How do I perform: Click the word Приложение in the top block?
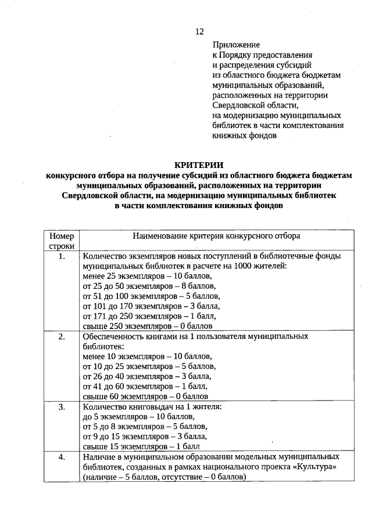pyautogui.click(x=237, y=44)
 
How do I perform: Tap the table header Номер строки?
pyautogui.click(x=62, y=241)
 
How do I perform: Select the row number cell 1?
pyautogui.click(x=62, y=256)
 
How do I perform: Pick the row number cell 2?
pyautogui.click(x=62, y=337)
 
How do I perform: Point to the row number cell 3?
pyautogui.click(x=62, y=407)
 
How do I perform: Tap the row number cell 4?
pyautogui.click(x=62, y=457)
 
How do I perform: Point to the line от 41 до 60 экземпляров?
pyautogui.click(x=145, y=387)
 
